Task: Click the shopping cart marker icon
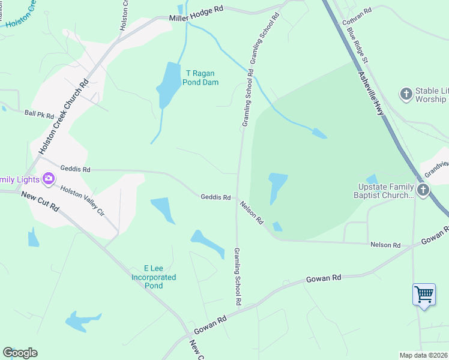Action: pyautogui.click(x=424, y=295)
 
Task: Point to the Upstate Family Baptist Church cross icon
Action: pyautogui.click(x=424, y=190)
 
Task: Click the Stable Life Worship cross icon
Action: pyautogui.click(x=406, y=94)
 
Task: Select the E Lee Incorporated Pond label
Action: pyautogui.click(x=154, y=277)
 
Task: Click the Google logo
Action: pyautogui.click(x=20, y=353)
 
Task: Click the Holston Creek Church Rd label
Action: pyautogui.click(x=64, y=116)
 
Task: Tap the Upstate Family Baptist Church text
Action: pyautogui.click(x=383, y=190)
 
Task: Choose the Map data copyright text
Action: pyautogui.click(x=424, y=355)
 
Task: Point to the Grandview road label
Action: pyautogui.click(x=436, y=169)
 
